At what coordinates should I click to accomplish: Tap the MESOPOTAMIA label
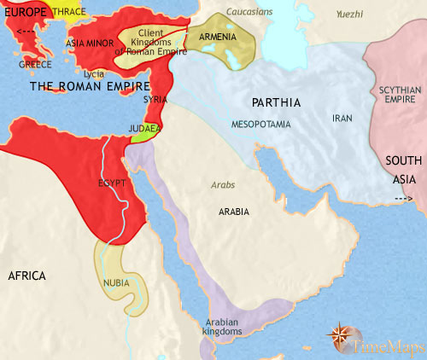[260, 125]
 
